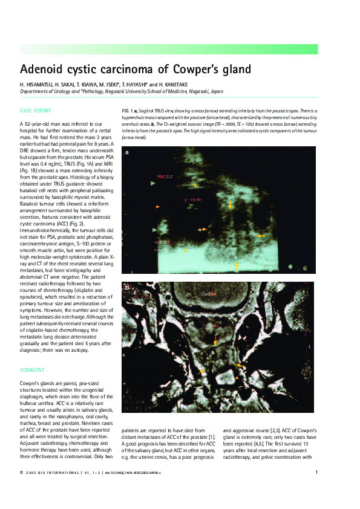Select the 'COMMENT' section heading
coord(32,369)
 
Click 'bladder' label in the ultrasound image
coord(165,177)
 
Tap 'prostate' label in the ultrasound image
coord(193,199)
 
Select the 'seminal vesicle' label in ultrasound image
coord(162,245)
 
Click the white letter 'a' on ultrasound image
coord(126,153)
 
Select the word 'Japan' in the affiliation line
coord(216,91)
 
